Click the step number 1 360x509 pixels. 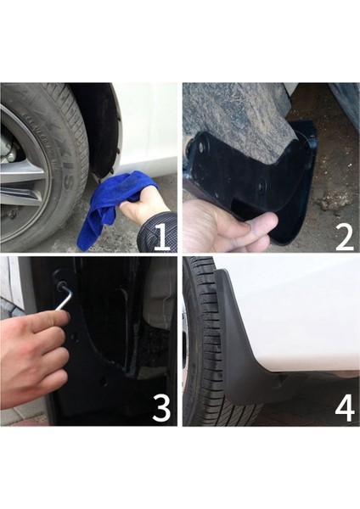pyautogui.click(x=161, y=235)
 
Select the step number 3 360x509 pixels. pyautogui.click(x=161, y=409)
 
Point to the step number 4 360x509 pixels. pyautogui.click(x=344, y=408)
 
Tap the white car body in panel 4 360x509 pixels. pyautogui.click(x=297, y=314)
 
